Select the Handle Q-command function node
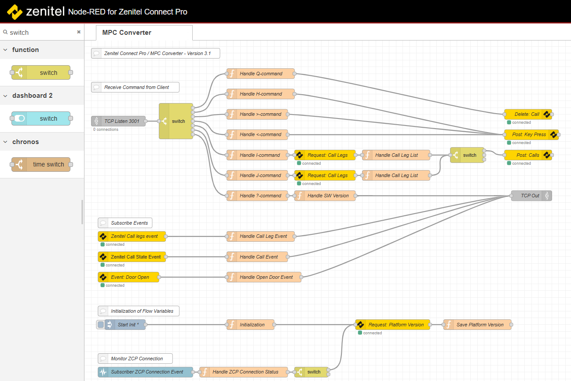pos(260,74)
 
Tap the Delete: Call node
pos(527,114)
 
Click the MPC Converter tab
pos(127,33)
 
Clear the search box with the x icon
pos(79,32)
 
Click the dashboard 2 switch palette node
pos(41,118)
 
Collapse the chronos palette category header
pos(26,142)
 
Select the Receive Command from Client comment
pos(135,87)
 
